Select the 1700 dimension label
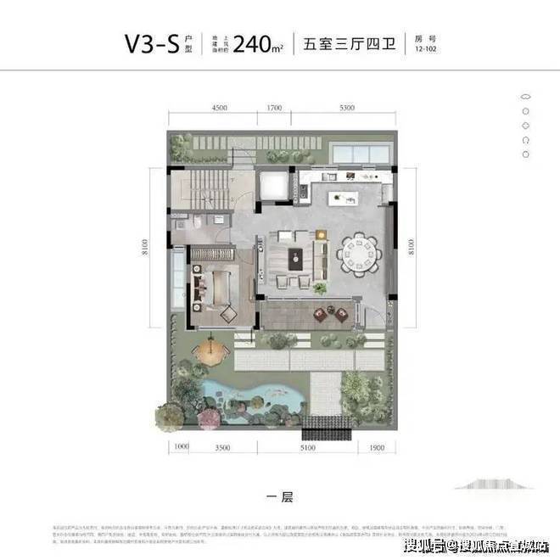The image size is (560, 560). click(273, 109)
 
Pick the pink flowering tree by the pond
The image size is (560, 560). click(193, 373)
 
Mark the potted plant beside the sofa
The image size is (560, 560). click(321, 290)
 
